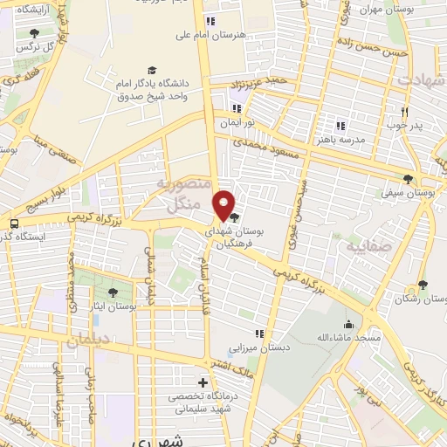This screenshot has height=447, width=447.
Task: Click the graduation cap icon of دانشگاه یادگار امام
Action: point(153,70)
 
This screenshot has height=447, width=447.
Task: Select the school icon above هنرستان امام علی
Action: point(210,21)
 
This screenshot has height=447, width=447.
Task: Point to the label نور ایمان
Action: point(233,123)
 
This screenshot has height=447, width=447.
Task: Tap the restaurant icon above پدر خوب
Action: point(404,112)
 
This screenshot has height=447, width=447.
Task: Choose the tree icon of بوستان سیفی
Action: point(408,179)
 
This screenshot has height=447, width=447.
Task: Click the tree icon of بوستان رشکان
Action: point(423,285)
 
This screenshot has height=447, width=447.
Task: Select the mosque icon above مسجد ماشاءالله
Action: point(360,324)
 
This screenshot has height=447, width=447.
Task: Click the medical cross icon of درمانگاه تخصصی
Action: point(203,382)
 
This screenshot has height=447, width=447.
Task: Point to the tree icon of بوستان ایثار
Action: point(113,292)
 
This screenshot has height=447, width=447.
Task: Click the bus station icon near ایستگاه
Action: point(14,223)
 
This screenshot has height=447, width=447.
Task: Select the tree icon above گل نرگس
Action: point(34,33)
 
